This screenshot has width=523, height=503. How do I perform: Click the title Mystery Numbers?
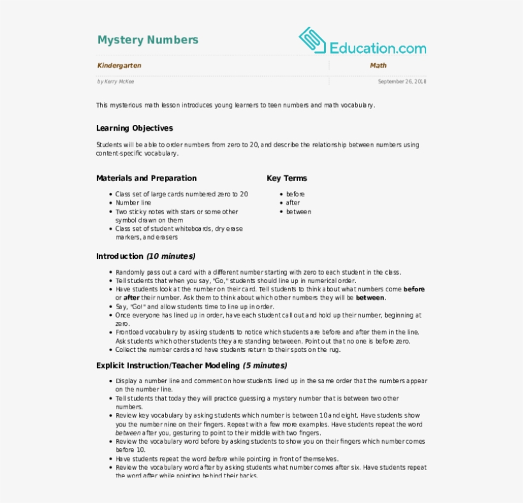coord(147,40)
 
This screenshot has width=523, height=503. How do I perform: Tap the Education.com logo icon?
coord(313,40)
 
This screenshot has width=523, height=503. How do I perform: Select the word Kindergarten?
coord(119,66)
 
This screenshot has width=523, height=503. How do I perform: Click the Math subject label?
coord(378,66)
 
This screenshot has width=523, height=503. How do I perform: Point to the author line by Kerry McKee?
coord(115,82)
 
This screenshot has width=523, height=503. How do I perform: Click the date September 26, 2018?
coord(402,82)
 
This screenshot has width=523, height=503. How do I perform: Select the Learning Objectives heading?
coord(134,128)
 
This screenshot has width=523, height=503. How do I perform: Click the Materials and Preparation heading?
coord(146,179)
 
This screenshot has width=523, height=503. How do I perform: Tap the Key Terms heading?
coord(286,179)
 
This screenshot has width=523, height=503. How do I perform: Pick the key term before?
coord(295,194)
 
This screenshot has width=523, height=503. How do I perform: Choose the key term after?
coord(293,203)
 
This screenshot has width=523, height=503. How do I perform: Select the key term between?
coord(298,212)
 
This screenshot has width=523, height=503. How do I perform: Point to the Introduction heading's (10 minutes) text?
coord(171,256)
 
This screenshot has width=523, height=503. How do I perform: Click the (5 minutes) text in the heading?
coord(265,366)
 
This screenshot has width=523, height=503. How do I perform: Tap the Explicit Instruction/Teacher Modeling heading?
coord(168,366)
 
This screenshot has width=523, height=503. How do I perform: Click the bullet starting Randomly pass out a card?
coord(258,272)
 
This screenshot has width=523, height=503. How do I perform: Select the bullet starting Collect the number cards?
coord(228,349)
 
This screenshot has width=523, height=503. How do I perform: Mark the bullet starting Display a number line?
coord(271,381)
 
